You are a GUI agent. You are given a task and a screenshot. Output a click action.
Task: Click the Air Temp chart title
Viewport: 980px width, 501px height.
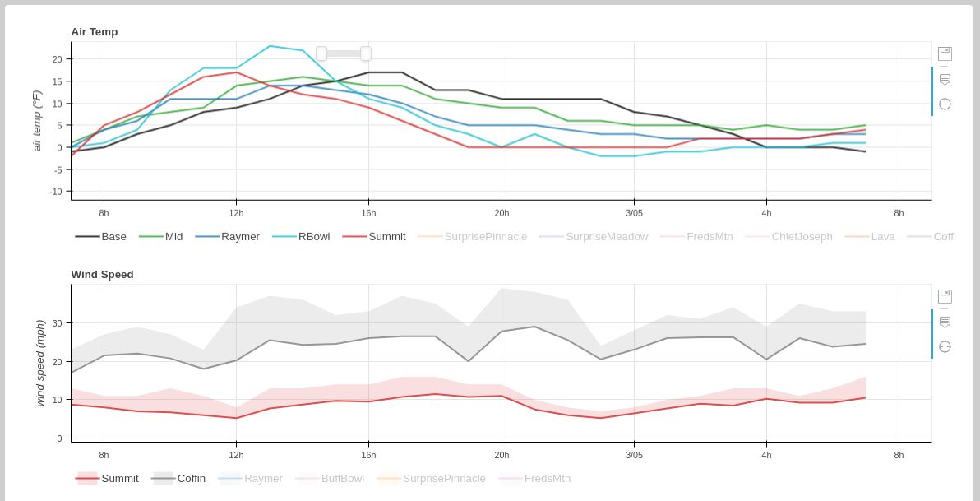[x=95, y=32]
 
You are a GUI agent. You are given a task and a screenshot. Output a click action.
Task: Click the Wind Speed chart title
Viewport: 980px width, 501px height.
[x=102, y=275]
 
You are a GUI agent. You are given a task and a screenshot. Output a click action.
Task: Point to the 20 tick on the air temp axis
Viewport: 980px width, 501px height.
[x=58, y=59]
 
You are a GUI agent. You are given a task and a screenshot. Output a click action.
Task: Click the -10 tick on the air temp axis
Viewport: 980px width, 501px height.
[x=56, y=192]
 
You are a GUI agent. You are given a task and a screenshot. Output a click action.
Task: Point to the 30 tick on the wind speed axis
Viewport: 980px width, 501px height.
[x=58, y=323]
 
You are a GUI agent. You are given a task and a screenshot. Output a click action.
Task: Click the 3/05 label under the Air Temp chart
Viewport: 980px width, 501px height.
[x=634, y=213]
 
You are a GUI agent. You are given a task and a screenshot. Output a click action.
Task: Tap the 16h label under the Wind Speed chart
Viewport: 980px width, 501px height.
[x=368, y=455]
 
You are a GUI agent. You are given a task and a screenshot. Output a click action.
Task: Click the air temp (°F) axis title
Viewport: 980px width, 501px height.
[x=37, y=120]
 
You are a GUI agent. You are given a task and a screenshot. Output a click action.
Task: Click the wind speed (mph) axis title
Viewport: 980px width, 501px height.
[x=40, y=363]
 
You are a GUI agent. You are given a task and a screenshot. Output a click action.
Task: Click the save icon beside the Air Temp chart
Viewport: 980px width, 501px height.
[x=945, y=53]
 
